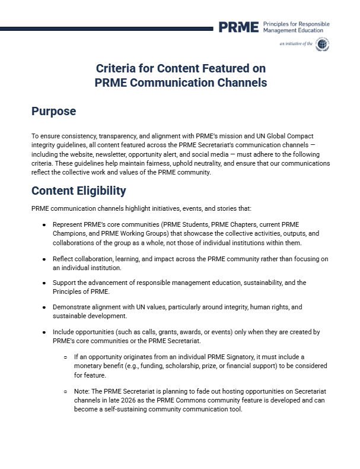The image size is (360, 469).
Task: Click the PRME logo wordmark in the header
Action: click(238, 27)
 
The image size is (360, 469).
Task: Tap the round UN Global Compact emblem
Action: click(323, 44)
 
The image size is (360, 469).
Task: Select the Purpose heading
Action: click(54, 111)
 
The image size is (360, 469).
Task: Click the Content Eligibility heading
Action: click(78, 191)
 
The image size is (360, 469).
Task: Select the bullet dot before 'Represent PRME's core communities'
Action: click(44, 225)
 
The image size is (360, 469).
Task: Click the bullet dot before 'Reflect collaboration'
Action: click(44, 259)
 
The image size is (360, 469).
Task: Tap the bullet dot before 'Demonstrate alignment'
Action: click(44, 308)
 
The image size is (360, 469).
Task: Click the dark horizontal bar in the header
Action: click(107, 28)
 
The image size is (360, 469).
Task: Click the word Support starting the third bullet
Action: click(64, 283)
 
